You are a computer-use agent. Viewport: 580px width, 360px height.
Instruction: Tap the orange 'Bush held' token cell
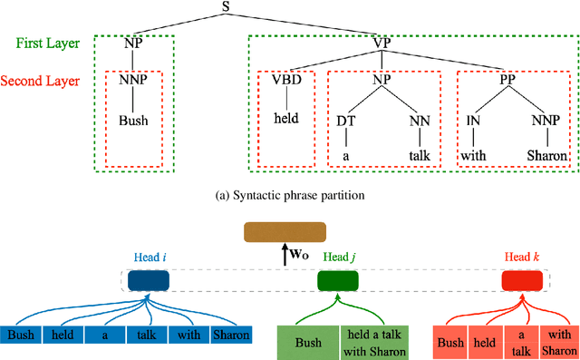469,344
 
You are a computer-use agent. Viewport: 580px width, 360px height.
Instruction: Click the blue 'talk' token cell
146,336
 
